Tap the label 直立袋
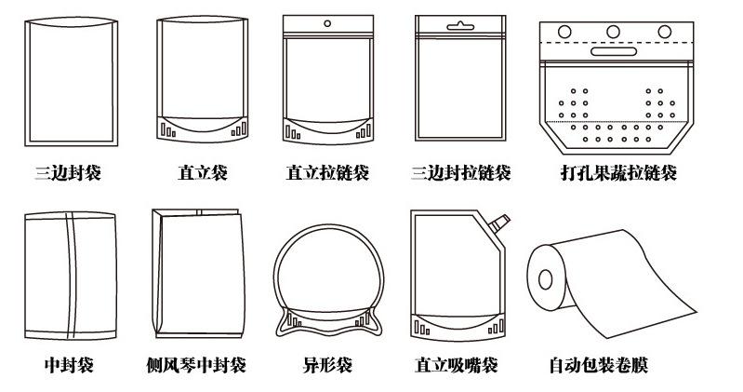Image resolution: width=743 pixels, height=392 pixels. point(202,173)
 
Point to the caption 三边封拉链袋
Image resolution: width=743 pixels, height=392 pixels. point(460,173)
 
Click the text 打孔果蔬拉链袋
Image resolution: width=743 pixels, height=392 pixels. point(618,173)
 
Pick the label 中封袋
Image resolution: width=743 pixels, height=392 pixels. point(69,365)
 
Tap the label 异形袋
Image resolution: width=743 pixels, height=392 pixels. point(327,365)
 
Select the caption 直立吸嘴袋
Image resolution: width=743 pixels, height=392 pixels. point(456,365)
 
